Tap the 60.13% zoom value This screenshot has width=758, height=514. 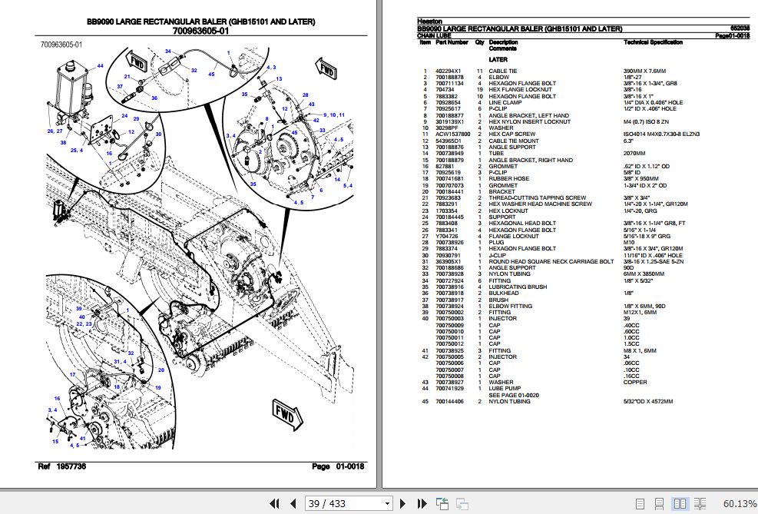(740, 503)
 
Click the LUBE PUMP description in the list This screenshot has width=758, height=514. (503, 389)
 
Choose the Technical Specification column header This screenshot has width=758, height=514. (653, 42)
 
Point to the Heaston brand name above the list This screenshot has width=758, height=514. (429, 22)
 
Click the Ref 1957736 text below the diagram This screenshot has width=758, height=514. (62, 467)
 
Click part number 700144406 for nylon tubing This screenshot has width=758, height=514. (449, 402)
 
